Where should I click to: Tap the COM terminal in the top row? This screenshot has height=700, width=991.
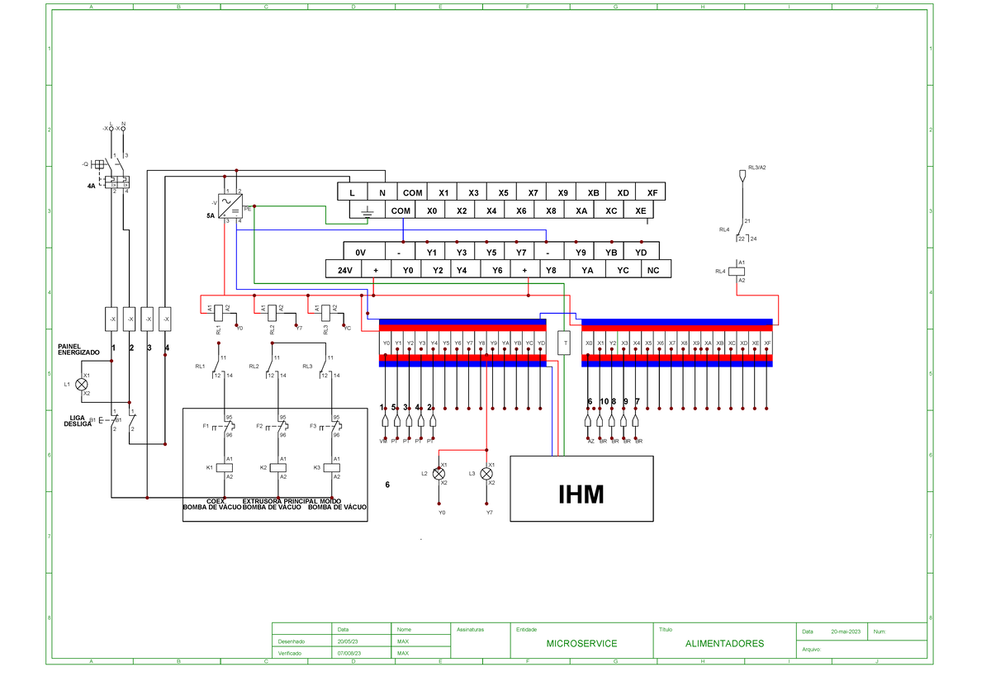pyautogui.click(x=412, y=192)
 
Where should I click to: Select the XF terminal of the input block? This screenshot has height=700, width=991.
pyautogui.click(x=652, y=192)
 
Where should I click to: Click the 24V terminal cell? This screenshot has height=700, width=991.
pyautogui.click(x=344, y=269)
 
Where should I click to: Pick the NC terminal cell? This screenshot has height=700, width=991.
pyautogui.click(x=653, y=269)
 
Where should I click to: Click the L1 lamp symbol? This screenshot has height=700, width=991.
pyautogui.click(x=81, y=384)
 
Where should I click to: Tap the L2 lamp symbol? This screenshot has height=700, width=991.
pyautogui.click(x=439, y=474)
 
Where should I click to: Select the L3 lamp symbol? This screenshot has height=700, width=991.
pyautogui.click(x=486, y=474)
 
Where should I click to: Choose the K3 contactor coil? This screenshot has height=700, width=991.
pyautogui.click(x=332, y=467)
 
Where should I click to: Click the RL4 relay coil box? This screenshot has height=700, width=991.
pyautogui.click(x=742, y=271)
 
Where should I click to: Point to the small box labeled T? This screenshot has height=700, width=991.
pyautogui.click(x=565, y=343)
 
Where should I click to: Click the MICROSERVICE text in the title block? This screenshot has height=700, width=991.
pyautogui.click(x=581, y=643)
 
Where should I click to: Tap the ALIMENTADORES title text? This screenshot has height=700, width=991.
pyautogui.click(x=724, y=643)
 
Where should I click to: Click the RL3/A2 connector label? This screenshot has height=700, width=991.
pyautogui.click(x=756, y=167)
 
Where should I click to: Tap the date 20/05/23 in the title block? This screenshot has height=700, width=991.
pyautogui.click(x=348, y=641)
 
